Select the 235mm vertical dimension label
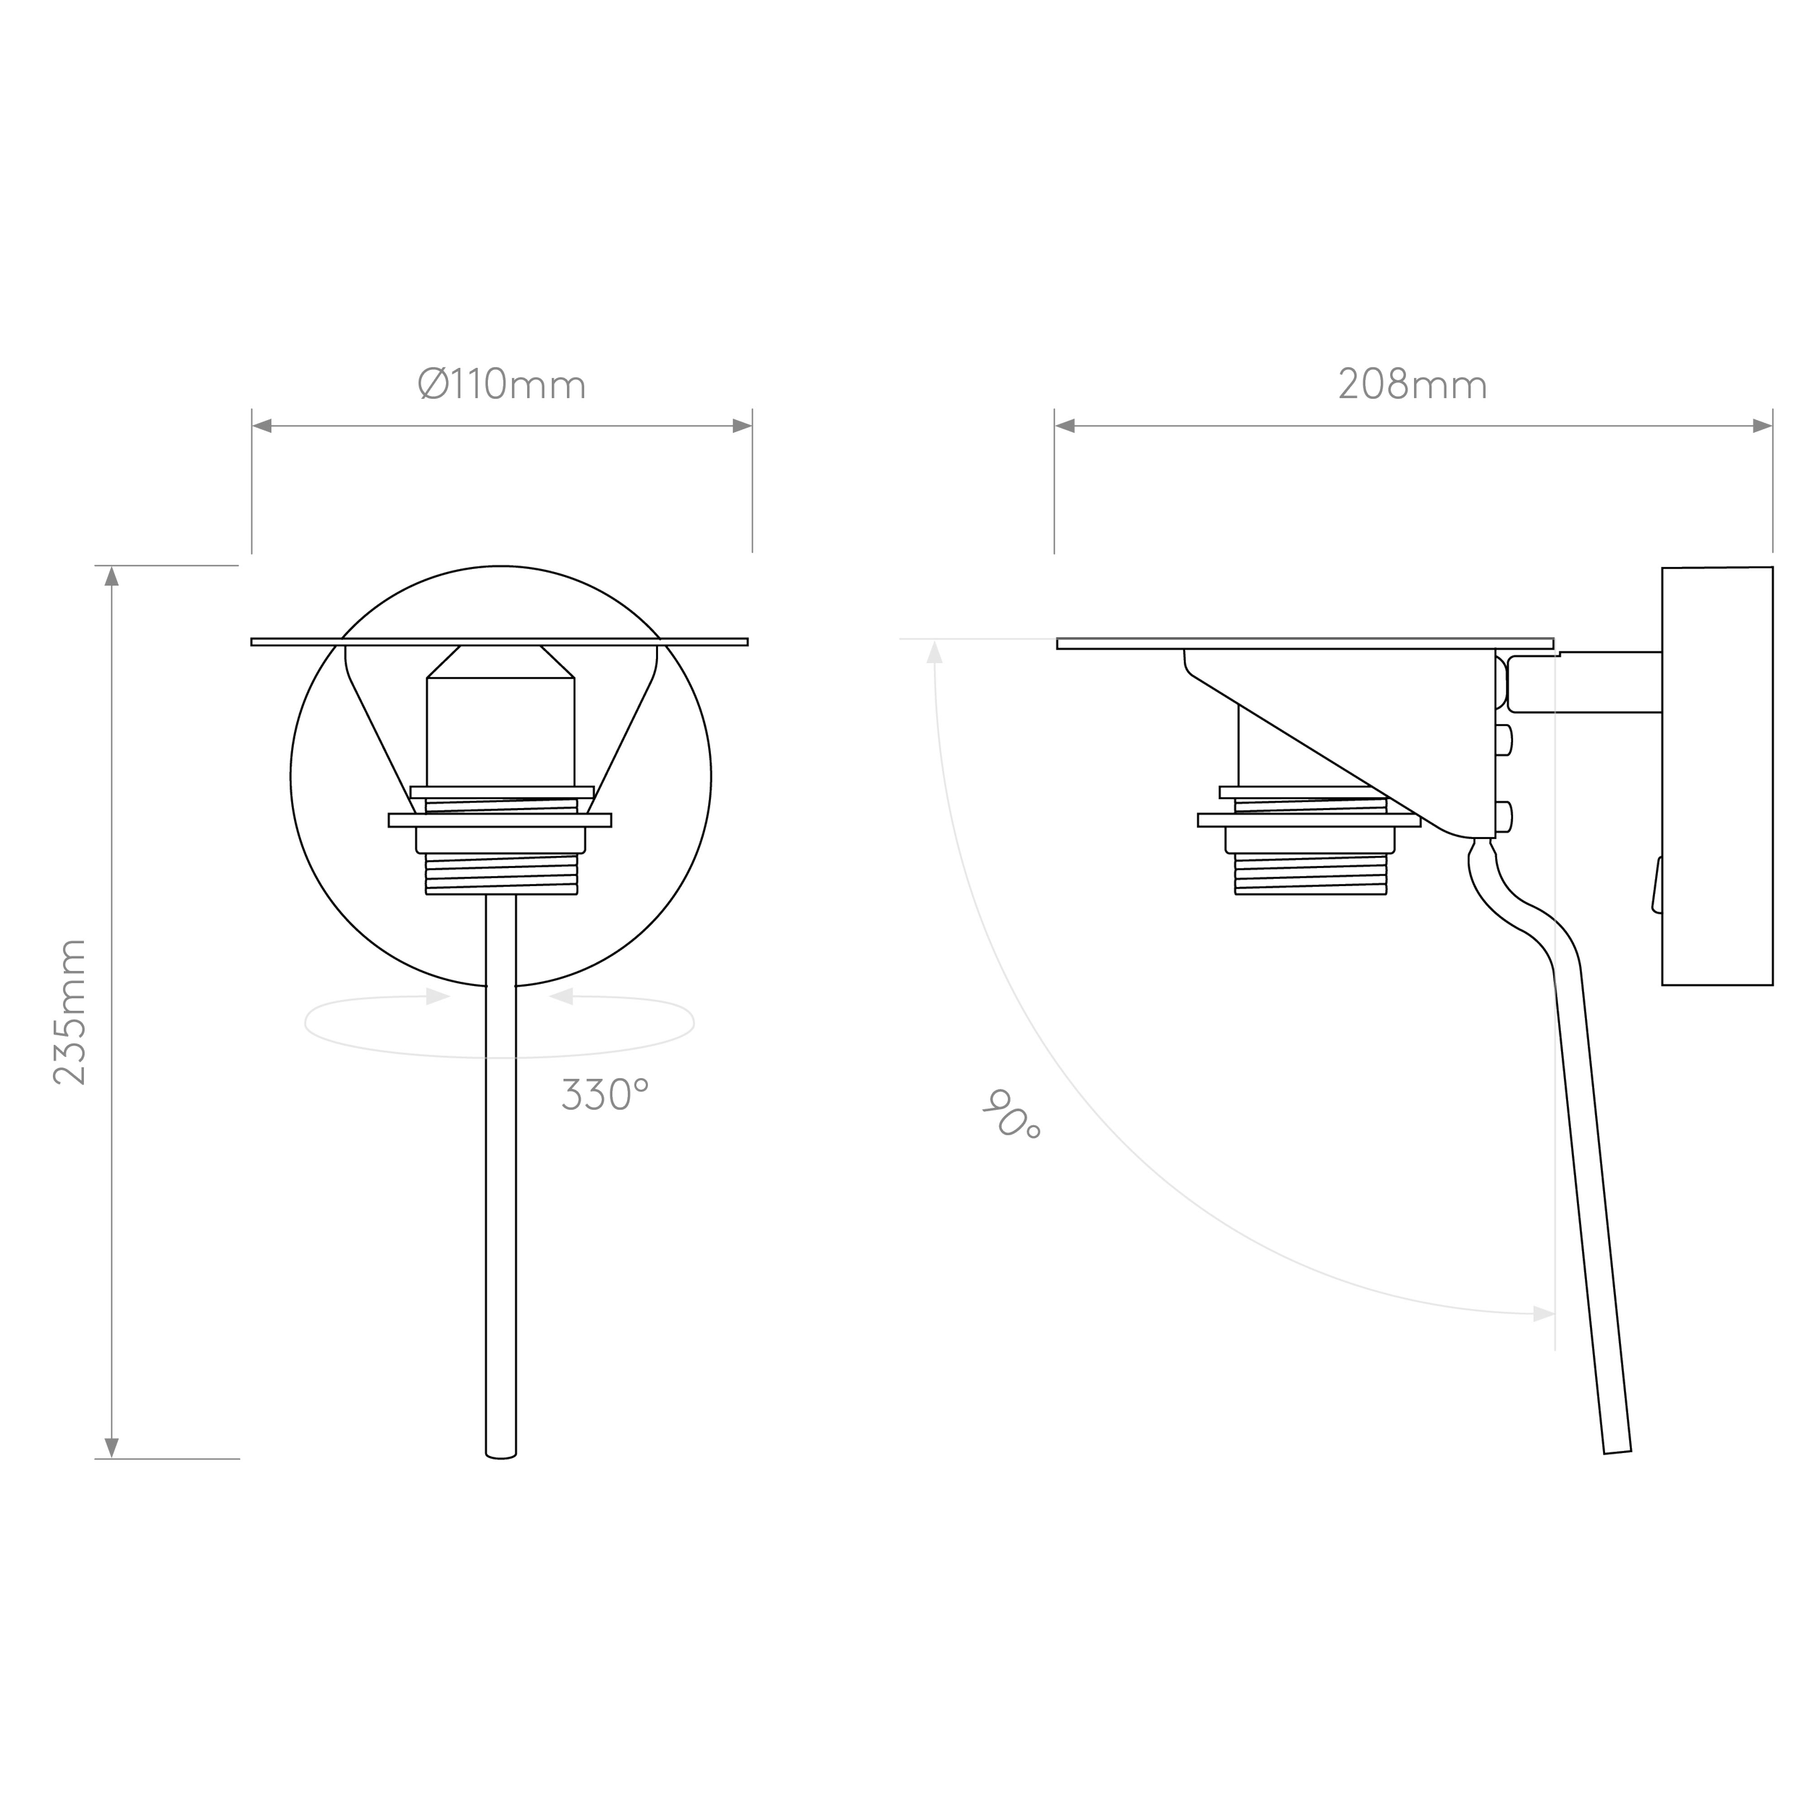tap(69, 1012)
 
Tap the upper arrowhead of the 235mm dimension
tap(111, 576)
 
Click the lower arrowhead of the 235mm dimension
tap(111, 1448)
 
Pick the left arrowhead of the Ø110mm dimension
tap(262, 426)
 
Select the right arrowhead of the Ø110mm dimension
tap(742, 426)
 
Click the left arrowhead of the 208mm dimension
tap(1065, 426)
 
